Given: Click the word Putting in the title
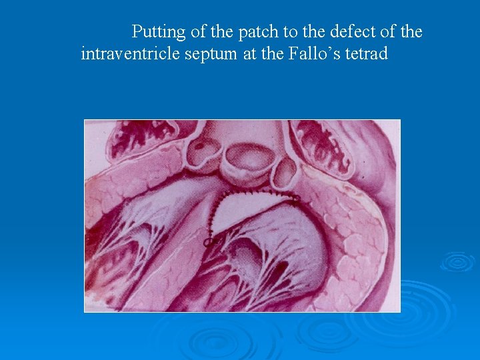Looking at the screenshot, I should tap(159, 32).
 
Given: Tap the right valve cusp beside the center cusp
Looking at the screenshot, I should tap(285, 172).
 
